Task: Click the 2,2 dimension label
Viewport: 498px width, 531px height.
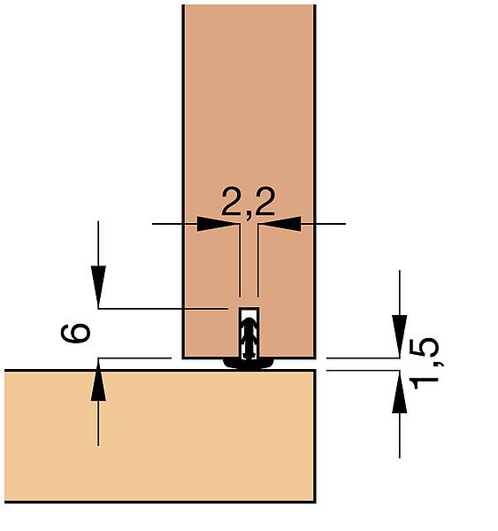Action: (249, 202)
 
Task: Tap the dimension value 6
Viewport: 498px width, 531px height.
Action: (75, 334)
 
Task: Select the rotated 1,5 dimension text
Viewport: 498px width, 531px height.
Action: (425, 364)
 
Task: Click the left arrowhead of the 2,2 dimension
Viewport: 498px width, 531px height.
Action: (218, 224)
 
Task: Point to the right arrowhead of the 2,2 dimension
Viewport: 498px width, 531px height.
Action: (280, 224)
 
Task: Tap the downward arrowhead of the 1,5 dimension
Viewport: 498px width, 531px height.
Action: (400, 336)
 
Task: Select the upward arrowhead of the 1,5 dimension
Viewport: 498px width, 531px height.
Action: (400, 392)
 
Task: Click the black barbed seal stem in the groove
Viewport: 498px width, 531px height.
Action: (249, 339)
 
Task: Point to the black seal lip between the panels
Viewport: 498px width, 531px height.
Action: (249, 364)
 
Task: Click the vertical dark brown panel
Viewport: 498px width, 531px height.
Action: (249, 135)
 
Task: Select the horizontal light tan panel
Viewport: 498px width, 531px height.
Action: (160, 436)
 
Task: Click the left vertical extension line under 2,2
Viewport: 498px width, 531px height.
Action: (240, 260)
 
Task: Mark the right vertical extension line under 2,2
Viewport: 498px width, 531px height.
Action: (258, 260)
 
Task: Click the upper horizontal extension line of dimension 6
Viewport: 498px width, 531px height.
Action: (163, 309)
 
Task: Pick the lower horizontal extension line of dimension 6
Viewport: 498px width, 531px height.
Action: (134, 358)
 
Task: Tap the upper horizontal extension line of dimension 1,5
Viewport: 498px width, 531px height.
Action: (363, 358)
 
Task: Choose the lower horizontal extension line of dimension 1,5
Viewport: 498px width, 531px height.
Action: (363, 371)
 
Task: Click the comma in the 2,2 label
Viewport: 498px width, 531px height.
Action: (249, 216)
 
